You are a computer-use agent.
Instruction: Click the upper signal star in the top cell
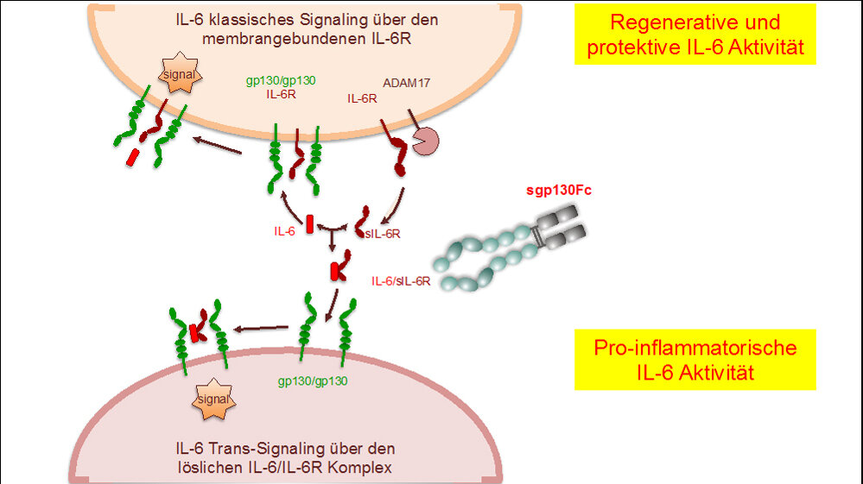(x=179, y=76)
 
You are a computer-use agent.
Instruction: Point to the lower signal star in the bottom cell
(x=212, y=400)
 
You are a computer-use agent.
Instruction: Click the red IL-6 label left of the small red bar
(x=284, y=231)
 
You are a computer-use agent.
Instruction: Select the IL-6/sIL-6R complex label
(x=401, y=281)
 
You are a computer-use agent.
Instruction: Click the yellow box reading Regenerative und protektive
(x=695, y=35)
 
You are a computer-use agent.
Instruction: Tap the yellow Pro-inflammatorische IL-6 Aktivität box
(x=695, y=361)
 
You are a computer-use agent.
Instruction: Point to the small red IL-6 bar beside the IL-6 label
(x=309, y=221)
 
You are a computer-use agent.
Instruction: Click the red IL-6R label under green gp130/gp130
(x=282, y=94)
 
